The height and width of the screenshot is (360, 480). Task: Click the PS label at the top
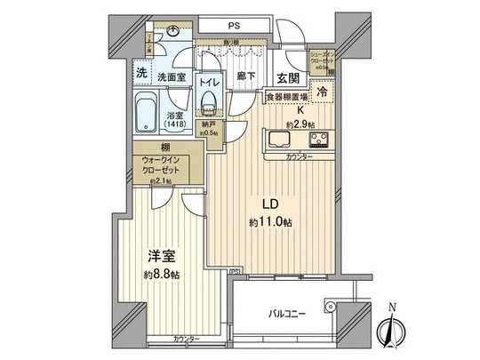pos(235,24)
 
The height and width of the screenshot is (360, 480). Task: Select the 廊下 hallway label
pos(247,77)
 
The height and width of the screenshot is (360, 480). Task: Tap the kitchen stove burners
pos(318,139)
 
